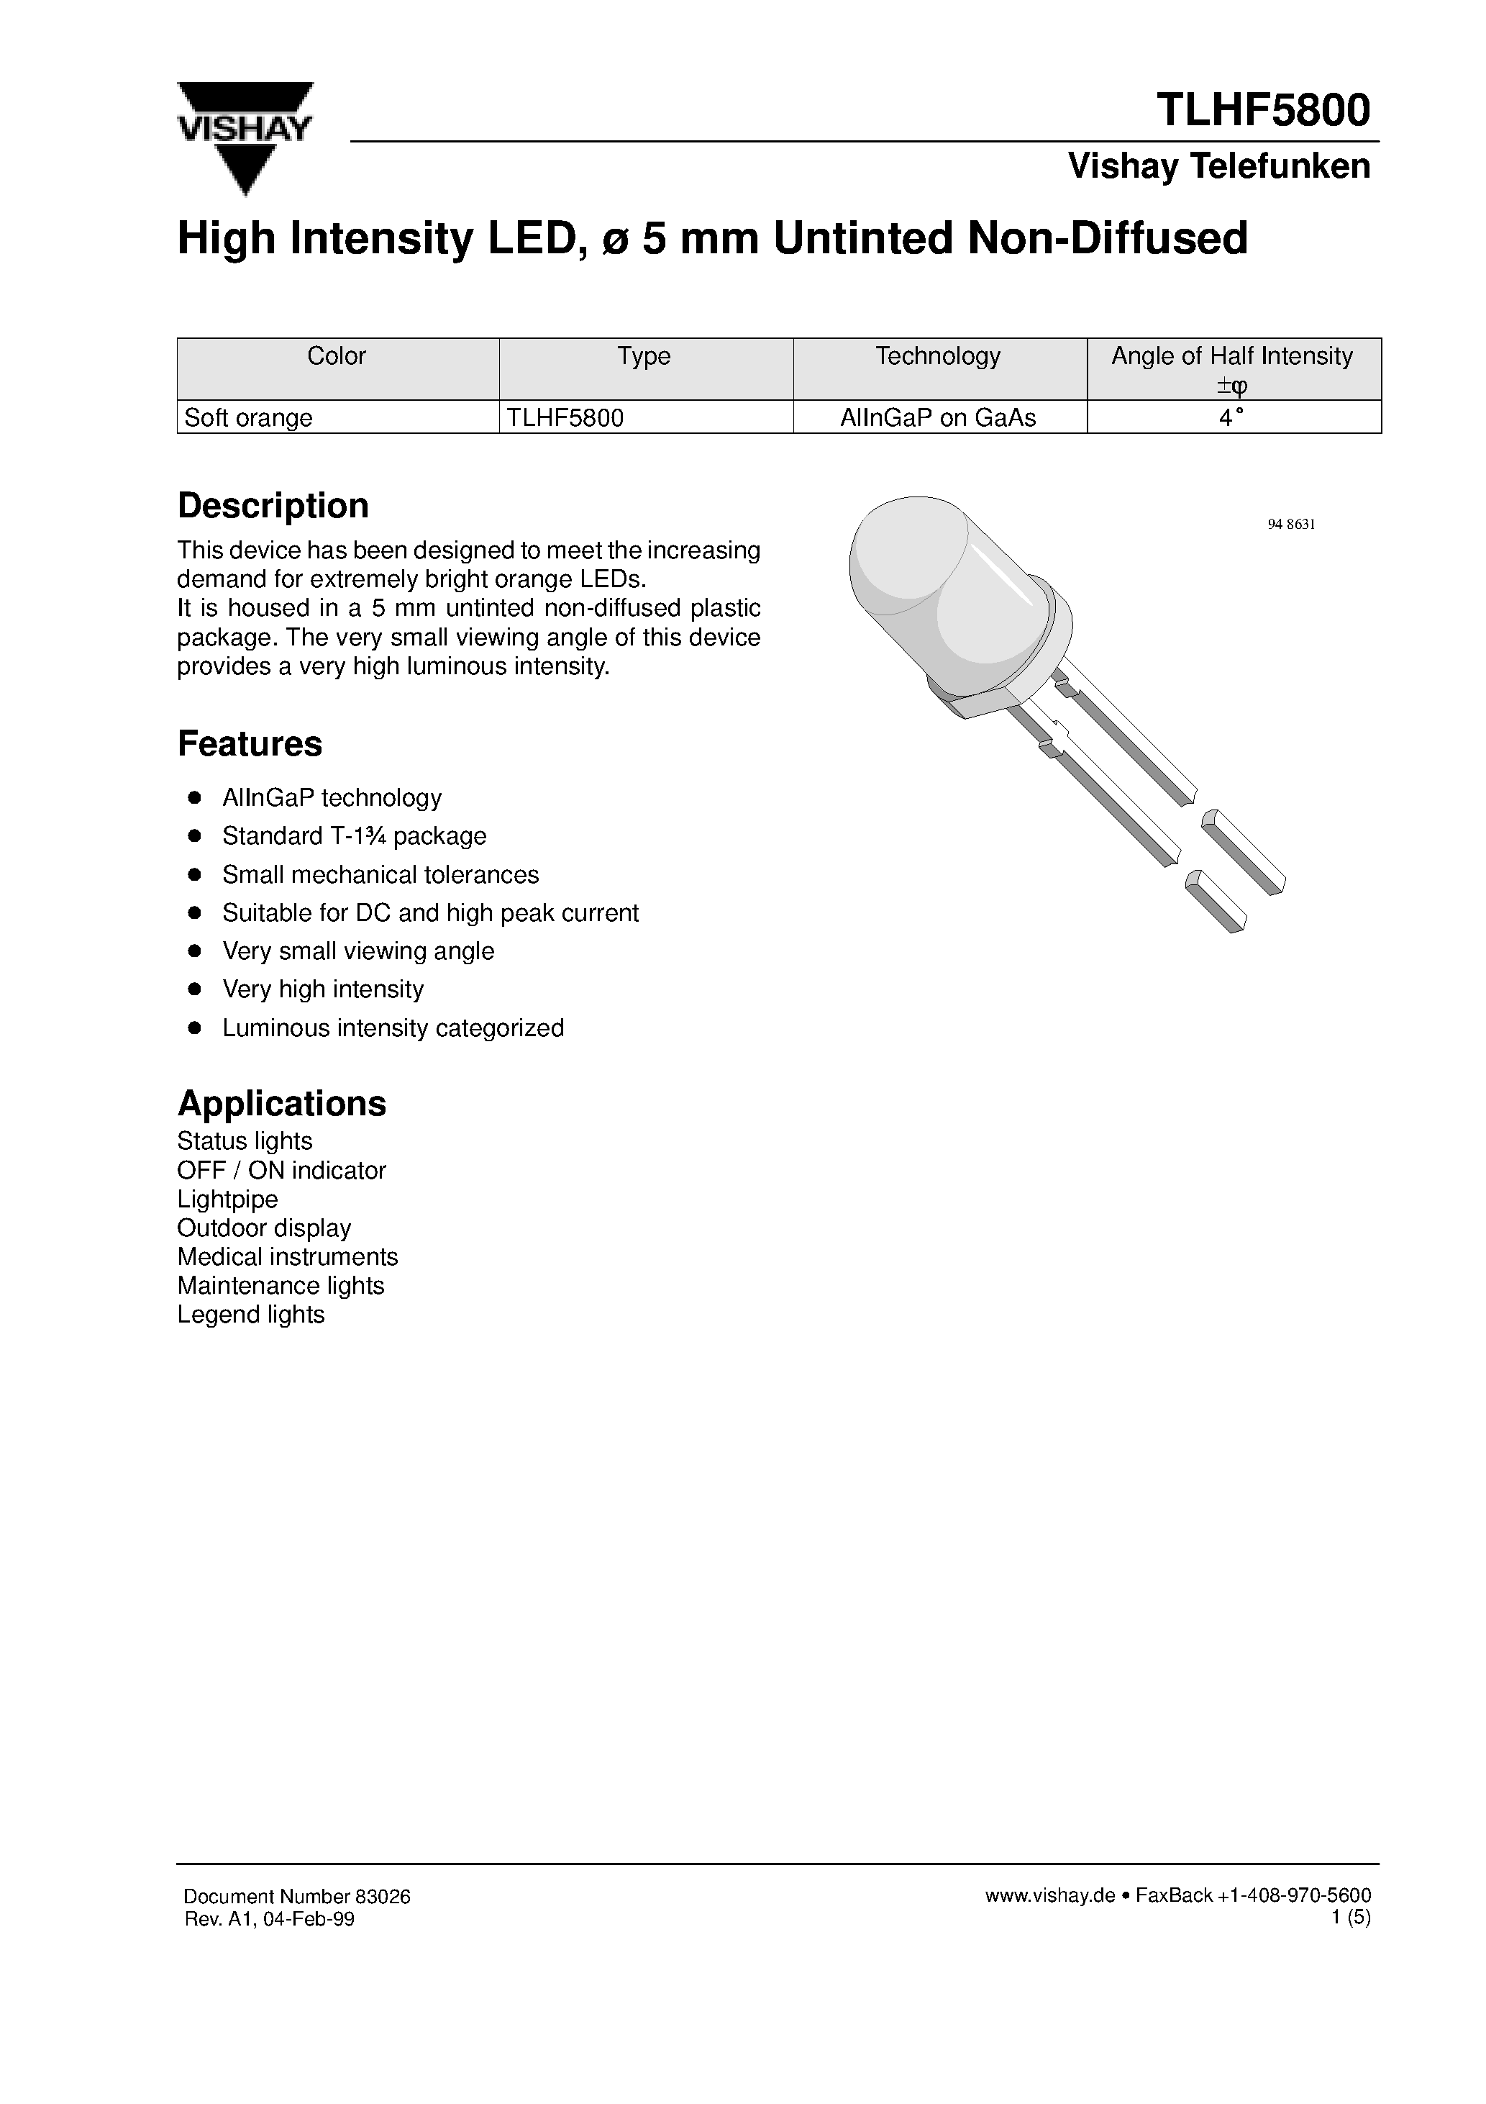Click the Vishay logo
pos(245,137)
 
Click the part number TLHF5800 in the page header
pos(1262,110)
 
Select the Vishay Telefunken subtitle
pos(1218,167)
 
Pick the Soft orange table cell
pos(248,418)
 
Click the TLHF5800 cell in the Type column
pos(565,418)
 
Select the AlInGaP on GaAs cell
pos(938,418)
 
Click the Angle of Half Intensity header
pos(1231,356)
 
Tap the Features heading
pos(249,743)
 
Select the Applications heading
pos(281,1103)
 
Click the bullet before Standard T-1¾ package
pos(194,835)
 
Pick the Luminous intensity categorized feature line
pos(392,1028)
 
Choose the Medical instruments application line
pos(287,1256)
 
